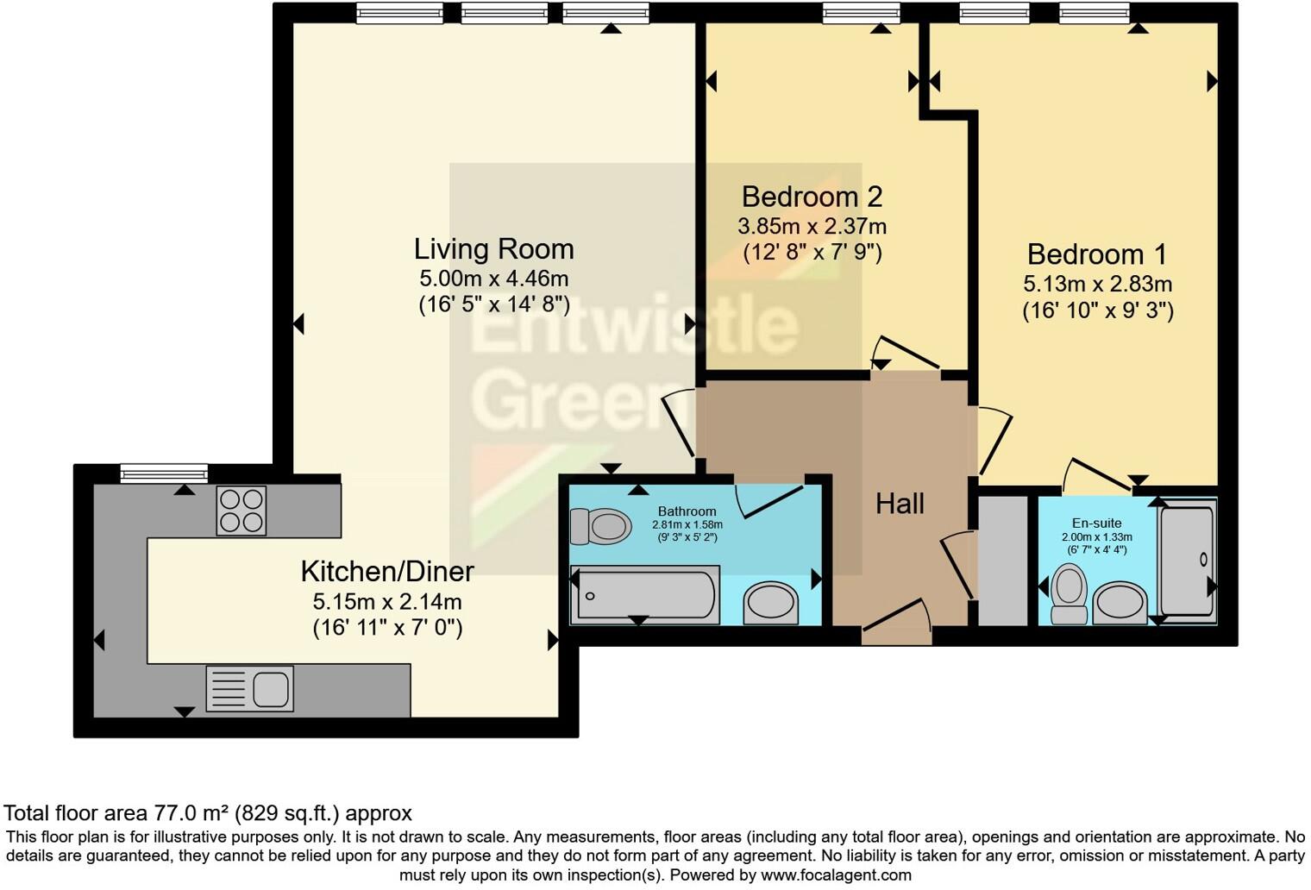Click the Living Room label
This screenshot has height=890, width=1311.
coord(493,248)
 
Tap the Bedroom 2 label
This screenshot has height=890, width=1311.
coord(812,197)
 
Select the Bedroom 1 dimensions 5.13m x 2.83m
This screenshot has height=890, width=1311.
coord(1097,284)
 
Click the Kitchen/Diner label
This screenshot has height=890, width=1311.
coord(387,571)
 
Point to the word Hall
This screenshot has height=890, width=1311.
coord(900,504)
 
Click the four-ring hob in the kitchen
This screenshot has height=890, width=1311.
coord(241,511)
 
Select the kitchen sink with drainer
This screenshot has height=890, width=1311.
coord(250,688)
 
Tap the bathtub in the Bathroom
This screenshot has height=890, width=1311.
coord(646,594)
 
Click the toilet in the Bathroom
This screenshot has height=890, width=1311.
coord(601,525)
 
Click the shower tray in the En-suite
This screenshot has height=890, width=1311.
coord(1187,561)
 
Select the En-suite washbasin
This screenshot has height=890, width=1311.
coord(1120,603)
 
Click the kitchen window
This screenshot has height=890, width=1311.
coord(164,472)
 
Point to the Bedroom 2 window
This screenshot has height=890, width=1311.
coord(861,12)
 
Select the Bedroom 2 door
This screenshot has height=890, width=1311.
coord(906,354)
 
